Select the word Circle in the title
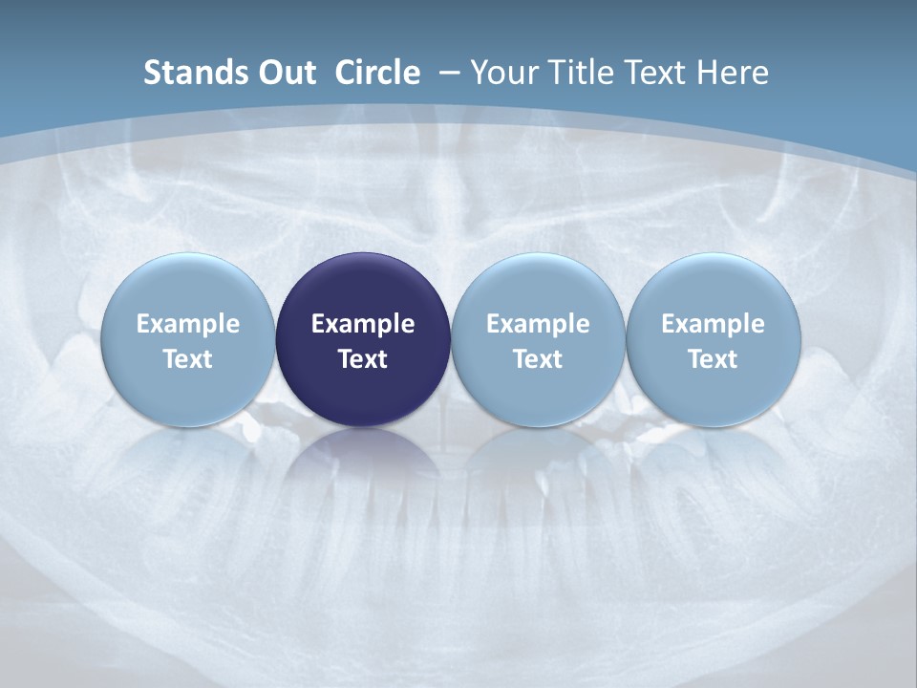click(377, 73)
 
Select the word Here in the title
click(733, 73)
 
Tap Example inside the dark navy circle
click(363, 324)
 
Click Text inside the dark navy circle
click(363, 359)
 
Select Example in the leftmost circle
click(187, 324)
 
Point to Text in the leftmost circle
click(187, 359)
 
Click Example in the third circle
click(538, 324)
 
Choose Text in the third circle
click(538, 359)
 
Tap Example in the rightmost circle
click(713, 324)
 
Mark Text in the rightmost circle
click(713, 359)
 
